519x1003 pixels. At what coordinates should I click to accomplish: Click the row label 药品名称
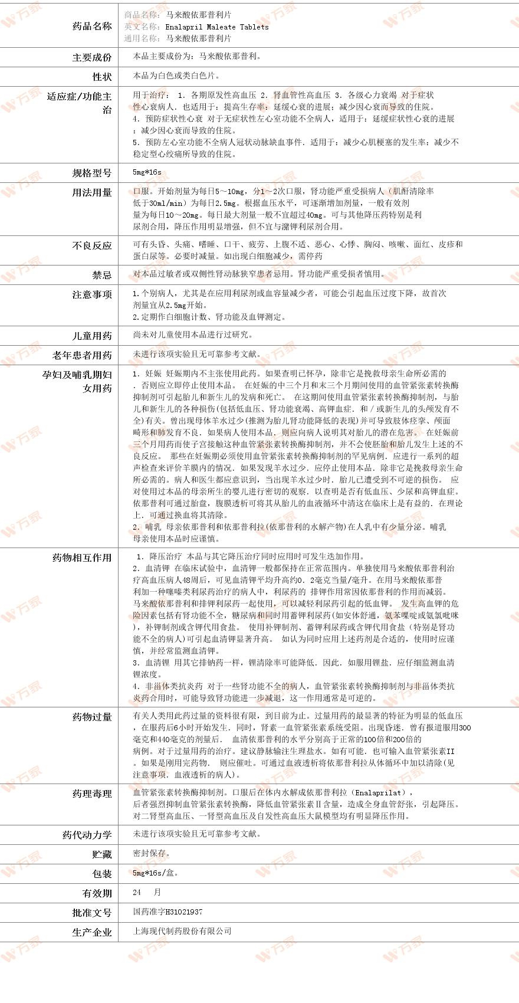[x=91, y=26]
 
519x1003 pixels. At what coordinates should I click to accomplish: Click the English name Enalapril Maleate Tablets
[x=216, y=27]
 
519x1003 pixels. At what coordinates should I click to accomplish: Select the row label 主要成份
[x=91, y=57]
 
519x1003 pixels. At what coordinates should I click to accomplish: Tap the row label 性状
[x=101, y=77]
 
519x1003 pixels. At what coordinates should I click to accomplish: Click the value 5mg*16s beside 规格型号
[x=147, y=173]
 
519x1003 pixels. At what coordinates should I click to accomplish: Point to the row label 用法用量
[x=91, y=192]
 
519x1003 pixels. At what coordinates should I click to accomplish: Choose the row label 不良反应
[x=91, y=245]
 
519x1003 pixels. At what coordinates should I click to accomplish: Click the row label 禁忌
[x=101, y=275]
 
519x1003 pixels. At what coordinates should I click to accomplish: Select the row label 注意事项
[x=91, y=294]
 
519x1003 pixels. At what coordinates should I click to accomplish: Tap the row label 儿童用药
[x=91, y=336]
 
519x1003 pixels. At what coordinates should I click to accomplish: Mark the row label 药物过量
[x=91, y=717]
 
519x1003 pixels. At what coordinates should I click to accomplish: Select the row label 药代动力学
[x=87, y=835]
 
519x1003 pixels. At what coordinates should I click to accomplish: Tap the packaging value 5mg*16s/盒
[x=155, y=873]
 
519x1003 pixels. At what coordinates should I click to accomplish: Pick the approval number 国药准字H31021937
[x=167, y=912]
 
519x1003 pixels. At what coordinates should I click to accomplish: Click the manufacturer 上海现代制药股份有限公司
[x=182, y=931]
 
